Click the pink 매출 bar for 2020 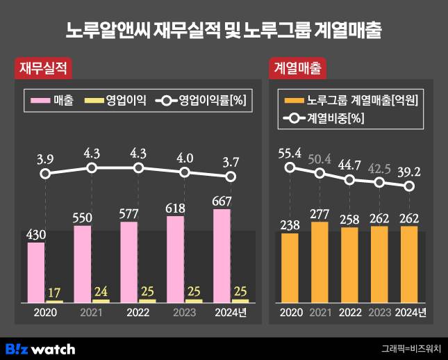(36, 272)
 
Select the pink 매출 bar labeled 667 (222, 255)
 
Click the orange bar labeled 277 (320, 262)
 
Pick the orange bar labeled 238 (290, 268)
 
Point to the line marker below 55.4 (290, 167)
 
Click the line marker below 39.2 (409, 186)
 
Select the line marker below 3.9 (45, 173)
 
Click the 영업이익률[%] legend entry (201, 100)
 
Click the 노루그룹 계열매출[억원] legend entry (351, 100)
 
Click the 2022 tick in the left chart (138, 312)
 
